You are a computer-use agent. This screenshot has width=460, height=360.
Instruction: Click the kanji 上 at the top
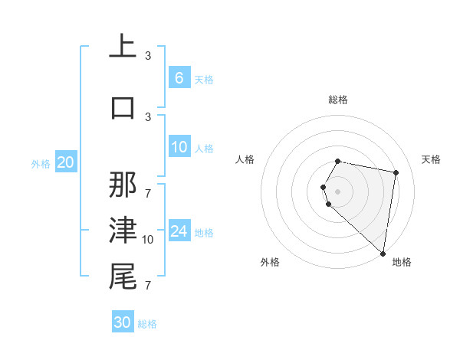[x=123, y=47]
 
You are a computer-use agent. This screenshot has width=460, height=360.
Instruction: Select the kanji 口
[x=123, y=107]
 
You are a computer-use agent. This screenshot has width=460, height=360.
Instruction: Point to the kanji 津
[x=123, y=230]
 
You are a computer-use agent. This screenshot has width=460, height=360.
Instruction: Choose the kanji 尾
[x=123, y=277]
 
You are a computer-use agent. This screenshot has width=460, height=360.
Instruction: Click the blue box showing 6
[x=179, y=78]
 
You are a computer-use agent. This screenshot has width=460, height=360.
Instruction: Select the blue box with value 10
[x=179, y=148]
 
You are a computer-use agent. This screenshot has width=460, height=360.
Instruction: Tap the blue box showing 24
[x=179, y=231]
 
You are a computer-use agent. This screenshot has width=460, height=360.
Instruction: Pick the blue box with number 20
[x=65, y=162]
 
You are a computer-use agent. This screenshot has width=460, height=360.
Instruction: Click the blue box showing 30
[x=123, y=322]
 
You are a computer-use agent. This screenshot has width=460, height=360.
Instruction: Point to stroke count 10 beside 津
[x=148, y=240]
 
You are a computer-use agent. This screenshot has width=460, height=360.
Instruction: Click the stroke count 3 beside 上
[x=148, y=56]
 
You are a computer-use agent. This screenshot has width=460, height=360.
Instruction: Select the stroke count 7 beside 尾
[x=148, y=286]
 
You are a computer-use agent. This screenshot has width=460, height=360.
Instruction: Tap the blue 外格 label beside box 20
[x=40, y=163]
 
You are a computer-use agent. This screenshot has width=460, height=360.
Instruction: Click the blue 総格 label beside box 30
[x=147, y=324]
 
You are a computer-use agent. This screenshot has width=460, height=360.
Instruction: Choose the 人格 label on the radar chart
[x=245, y=159]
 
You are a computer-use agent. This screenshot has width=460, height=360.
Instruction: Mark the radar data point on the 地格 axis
[x=383, y=253]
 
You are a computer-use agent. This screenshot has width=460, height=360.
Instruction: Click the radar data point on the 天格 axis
[x=396, y=173]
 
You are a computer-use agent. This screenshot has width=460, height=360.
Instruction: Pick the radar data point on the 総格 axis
[x=338, y=162]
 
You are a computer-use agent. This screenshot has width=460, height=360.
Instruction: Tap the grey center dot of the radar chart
[x=338, y=191]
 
